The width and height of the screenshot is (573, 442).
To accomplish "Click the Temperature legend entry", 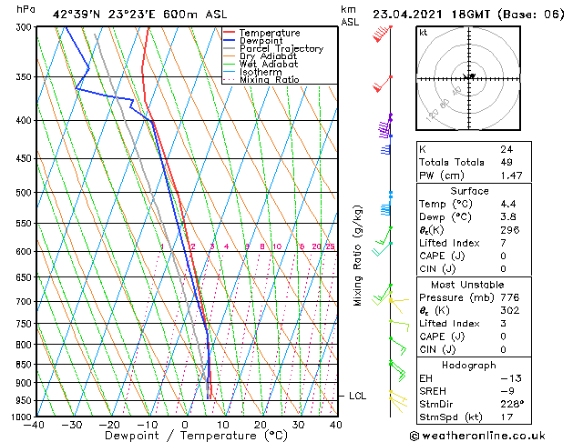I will point(271,33).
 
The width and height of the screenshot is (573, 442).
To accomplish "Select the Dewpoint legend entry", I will point(262,41).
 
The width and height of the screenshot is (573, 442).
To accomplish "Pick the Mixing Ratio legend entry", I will point(269,81).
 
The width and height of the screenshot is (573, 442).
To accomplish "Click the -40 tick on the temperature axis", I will point(35,425).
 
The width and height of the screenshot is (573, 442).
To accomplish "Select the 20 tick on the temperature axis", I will point(261,425).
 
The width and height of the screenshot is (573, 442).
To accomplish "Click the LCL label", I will point(357,397).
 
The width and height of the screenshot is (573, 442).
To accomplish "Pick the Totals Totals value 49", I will point(506,161).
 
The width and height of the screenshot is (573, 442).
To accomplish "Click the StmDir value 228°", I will point(512,404).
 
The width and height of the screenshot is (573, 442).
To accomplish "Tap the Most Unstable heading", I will point(469,283).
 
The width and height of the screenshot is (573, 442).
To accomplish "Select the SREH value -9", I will point(506,390).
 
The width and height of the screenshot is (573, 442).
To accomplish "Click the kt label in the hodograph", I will point(424,33).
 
